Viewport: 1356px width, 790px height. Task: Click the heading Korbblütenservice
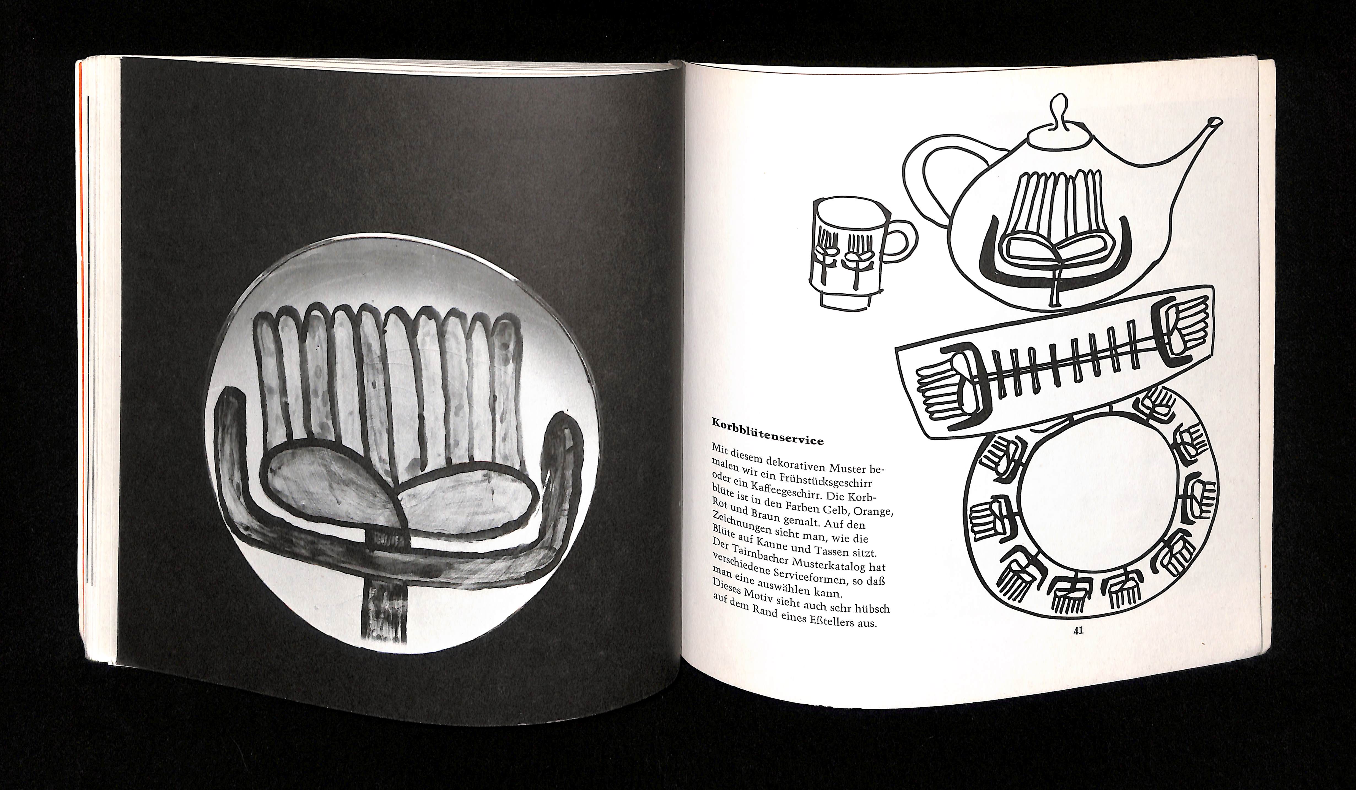tap(768, 431)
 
